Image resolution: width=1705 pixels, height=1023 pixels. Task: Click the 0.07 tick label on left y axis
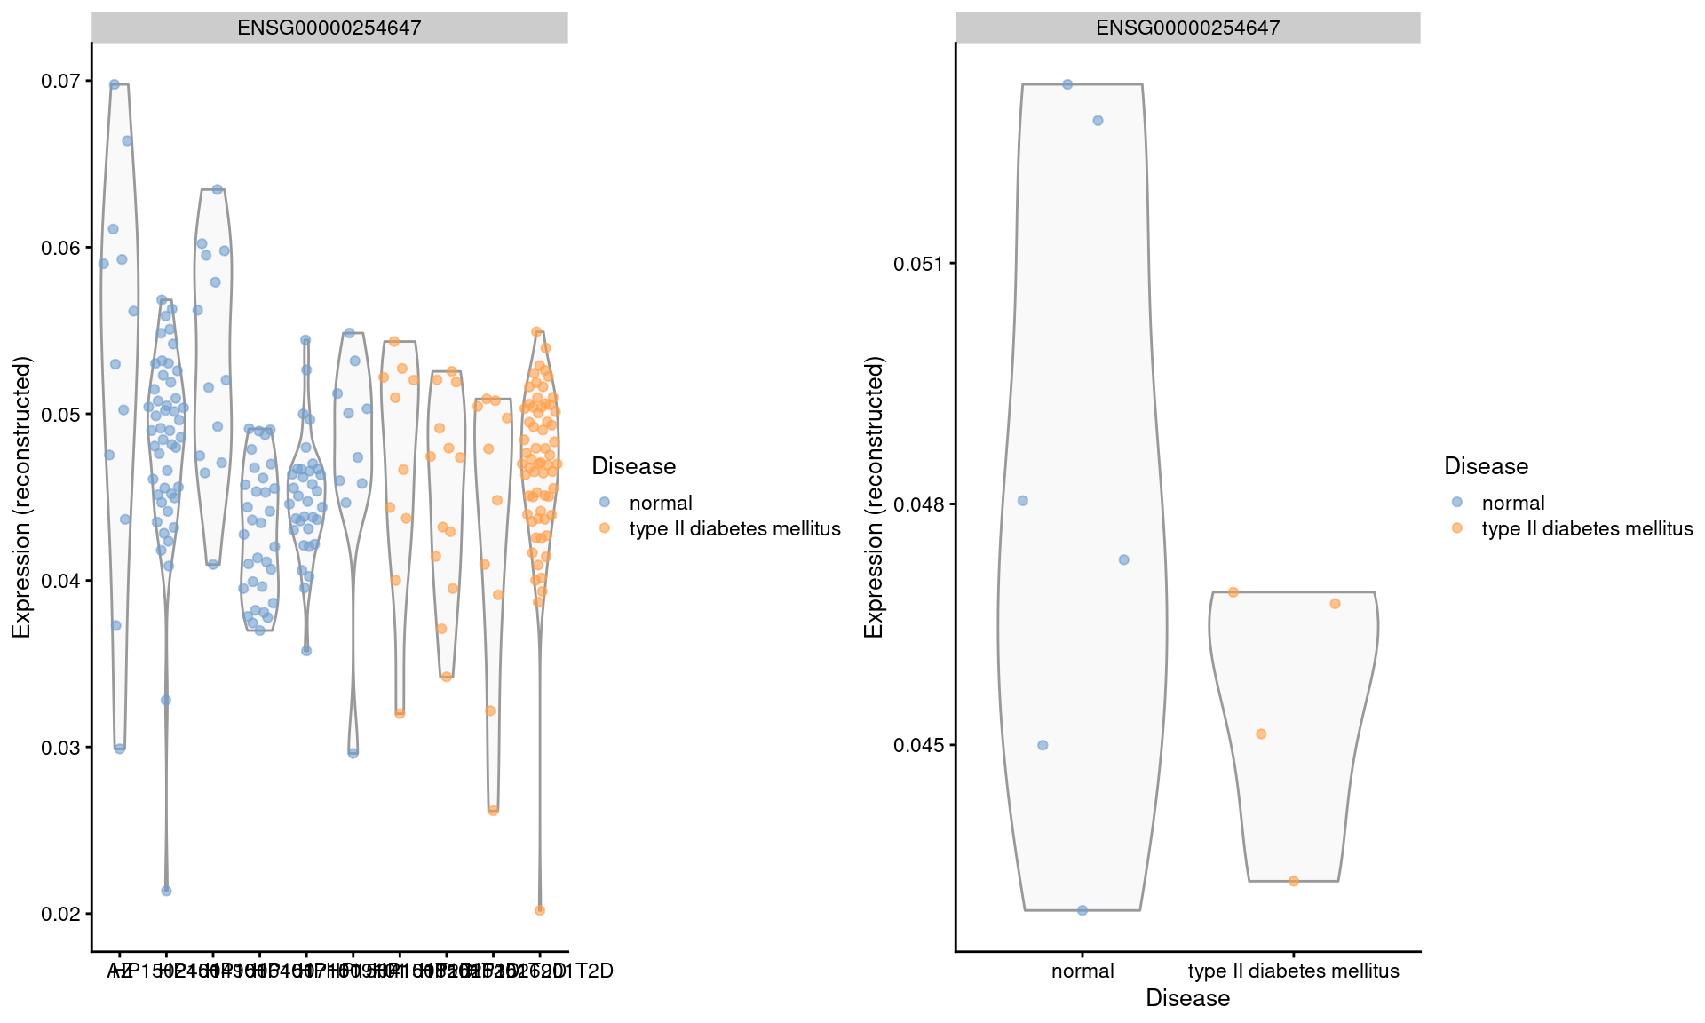pos(59,82)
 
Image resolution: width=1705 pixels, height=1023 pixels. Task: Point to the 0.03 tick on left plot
pos(59,748)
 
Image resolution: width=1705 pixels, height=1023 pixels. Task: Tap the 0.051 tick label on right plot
pos(918,264)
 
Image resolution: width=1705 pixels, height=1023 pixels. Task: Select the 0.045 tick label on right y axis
pos(918,745)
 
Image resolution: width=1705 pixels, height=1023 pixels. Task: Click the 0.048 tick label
pos(918,504)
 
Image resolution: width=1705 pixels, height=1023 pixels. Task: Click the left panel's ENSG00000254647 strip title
pos(329,28)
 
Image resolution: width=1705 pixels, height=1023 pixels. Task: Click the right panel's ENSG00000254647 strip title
pos(1187,28)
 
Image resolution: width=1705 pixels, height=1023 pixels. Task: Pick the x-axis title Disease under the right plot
pos(1187,998)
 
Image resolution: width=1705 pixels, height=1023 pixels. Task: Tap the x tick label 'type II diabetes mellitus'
pos(1293,971)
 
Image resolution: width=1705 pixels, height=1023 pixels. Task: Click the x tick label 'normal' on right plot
pos(1082,971)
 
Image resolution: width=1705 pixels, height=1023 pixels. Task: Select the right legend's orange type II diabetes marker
pos(1457,527)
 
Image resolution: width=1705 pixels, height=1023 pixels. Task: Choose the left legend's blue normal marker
pos(605,502)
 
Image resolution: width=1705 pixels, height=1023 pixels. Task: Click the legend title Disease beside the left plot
pos(633,466)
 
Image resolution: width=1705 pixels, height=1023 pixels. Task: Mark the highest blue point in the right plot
pos(1067,84)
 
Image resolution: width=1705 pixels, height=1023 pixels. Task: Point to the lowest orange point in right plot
pos(1294,881)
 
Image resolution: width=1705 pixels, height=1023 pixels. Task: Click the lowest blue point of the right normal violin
pos(1082,910)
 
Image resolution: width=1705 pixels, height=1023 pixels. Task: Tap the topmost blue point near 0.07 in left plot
pos(115,84)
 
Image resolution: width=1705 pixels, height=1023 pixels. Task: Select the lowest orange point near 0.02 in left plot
pos(540,910)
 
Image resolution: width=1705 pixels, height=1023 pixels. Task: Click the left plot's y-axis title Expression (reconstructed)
pos(21,497)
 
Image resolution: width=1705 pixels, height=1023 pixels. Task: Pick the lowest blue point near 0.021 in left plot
pos(166,891)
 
